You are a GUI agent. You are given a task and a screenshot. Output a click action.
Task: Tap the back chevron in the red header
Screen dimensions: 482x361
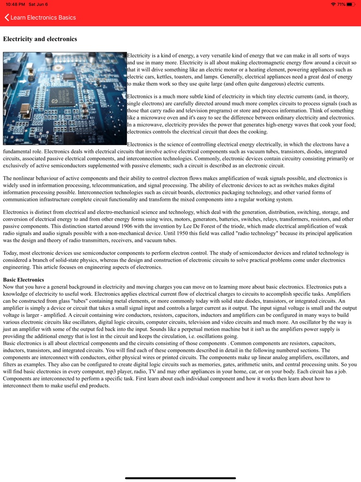[7, 17]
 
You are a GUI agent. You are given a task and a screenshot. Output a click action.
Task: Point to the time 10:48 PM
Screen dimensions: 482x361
[15, 4]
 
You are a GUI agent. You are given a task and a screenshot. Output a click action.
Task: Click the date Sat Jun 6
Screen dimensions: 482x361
[38, 4]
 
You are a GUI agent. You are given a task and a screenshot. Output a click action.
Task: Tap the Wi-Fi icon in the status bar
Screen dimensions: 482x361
[333, 4]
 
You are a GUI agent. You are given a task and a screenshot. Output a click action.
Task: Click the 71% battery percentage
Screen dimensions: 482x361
[341, 4]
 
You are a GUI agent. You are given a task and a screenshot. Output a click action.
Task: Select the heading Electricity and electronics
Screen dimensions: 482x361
[40, 39]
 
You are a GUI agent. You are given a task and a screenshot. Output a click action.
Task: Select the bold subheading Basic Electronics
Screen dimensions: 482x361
[24, 280]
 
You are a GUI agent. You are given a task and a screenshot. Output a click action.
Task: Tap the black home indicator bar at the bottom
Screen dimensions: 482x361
[180, 478]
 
